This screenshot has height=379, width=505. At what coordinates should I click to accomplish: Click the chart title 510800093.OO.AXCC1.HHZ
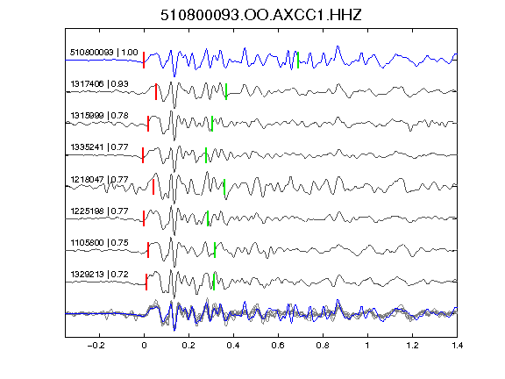[x=261, y=15]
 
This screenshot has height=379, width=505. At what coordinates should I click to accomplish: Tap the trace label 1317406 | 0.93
[x=100, y=84]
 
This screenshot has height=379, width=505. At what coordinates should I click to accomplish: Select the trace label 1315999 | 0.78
[x=100, y=116]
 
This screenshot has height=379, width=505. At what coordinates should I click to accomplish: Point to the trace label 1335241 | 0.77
[x=100, y=147]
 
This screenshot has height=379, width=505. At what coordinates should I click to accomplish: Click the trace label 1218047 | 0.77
[x=100, y=179]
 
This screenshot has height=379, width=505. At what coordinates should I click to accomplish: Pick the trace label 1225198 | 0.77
[x=100, y=211]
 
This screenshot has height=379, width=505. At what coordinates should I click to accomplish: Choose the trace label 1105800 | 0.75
[x=100, y=243]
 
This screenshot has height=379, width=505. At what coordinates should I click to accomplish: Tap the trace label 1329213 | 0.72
[x=100, y=275]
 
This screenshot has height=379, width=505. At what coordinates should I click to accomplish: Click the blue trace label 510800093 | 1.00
[x=104, y=53]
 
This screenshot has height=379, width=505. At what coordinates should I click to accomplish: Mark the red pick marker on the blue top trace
[x=144, y=60]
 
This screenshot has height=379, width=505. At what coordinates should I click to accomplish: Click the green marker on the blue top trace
[x=298, y=60]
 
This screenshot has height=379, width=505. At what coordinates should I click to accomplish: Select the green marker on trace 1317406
[x=226, y=91]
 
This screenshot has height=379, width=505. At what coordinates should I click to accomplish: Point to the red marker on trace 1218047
[x=153, y=187]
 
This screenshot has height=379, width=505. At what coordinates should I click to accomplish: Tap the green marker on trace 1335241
[x=206, y=155]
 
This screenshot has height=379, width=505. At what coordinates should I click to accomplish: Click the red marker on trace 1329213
[x=146, y=282]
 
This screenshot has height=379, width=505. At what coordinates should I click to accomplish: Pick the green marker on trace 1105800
[x=215, y=250]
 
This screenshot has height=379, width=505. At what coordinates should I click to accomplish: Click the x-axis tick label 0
[x=144, y=346]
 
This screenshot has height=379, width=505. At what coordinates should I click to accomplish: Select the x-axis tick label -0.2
[x=96, y=346]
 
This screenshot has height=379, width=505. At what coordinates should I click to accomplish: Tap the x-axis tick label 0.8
[x=323, y=346]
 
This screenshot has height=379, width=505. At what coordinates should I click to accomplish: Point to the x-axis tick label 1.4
[x=457, y=346]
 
